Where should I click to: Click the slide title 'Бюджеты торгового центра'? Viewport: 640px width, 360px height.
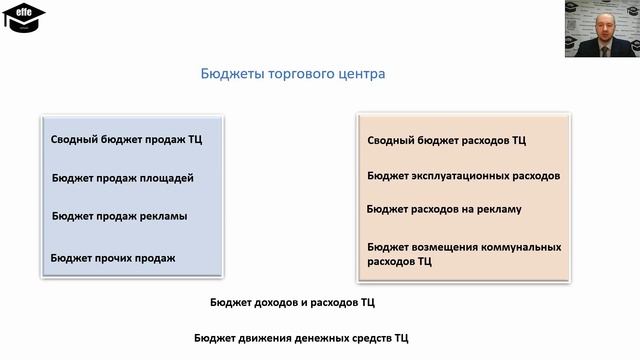pos(292,74)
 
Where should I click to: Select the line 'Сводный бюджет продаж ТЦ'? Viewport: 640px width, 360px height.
pos(126,140)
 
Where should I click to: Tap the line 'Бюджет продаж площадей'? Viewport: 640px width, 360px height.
pos(123,178)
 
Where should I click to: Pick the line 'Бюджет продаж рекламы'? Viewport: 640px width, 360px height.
pos(120,215)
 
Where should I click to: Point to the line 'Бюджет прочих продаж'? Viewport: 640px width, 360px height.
pos(113,258)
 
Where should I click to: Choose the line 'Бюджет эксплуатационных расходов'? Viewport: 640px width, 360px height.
pos(463,175)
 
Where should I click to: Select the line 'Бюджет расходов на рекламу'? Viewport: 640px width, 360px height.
pos(444,209)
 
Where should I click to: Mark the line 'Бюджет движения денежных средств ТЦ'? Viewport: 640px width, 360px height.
pos(301,339)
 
